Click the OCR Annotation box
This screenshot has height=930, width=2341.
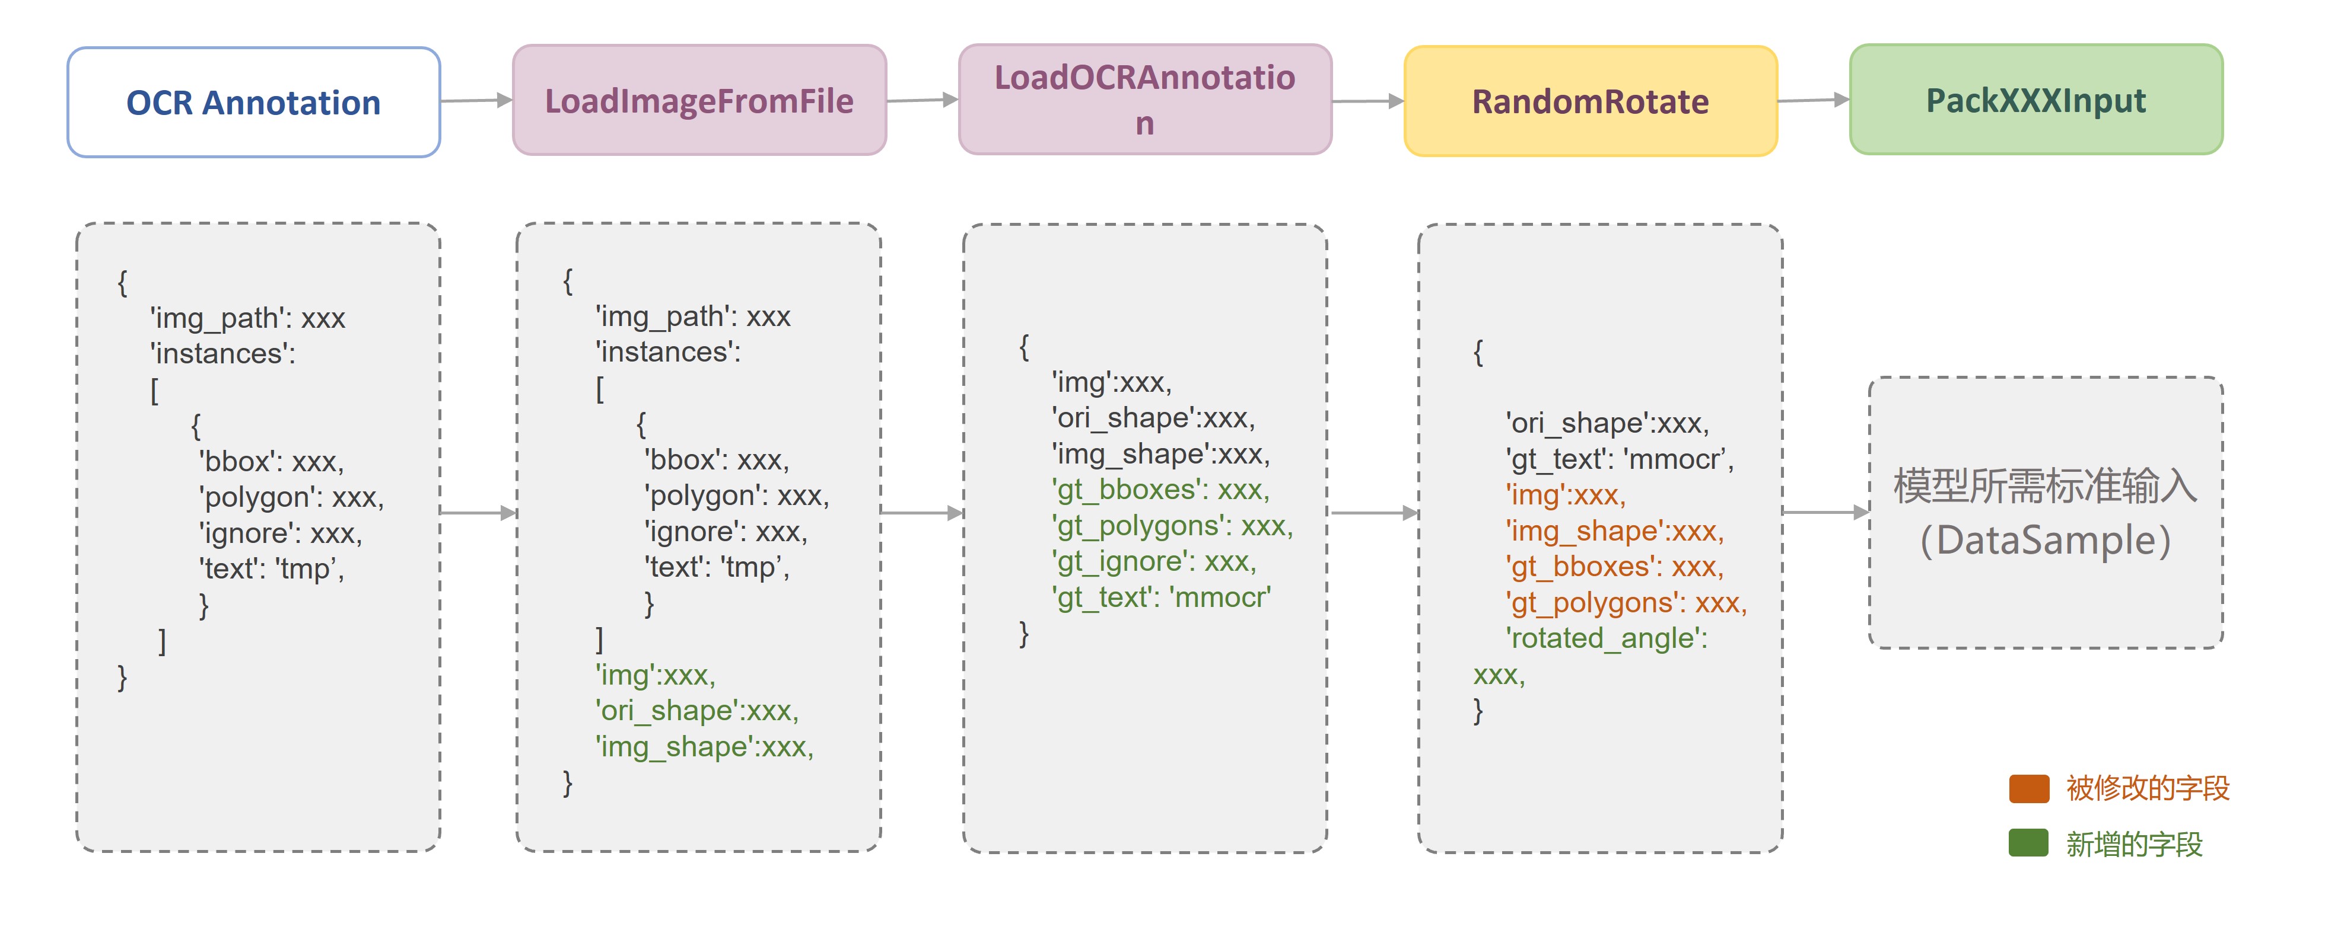(253, 103)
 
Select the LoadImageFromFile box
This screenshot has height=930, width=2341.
(699, 100)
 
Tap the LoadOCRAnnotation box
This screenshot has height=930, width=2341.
(1145, 99)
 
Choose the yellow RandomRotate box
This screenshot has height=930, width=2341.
(1591, 101)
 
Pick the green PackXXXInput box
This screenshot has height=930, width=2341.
(2035, 99)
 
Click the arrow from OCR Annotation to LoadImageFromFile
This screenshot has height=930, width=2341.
(477, 101)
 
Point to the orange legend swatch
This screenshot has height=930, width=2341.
(2028, 788)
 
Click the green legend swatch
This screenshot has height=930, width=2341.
(2028, 843)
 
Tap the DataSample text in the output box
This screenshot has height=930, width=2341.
(2045, 541)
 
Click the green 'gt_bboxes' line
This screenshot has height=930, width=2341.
(1160, 490)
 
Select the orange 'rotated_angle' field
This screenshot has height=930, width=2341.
(1607, 638)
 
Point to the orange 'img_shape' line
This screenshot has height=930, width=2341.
(1615, 531)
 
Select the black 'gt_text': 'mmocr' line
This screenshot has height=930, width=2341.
(1620, 459)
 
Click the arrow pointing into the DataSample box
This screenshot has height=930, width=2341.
(1825, 512)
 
